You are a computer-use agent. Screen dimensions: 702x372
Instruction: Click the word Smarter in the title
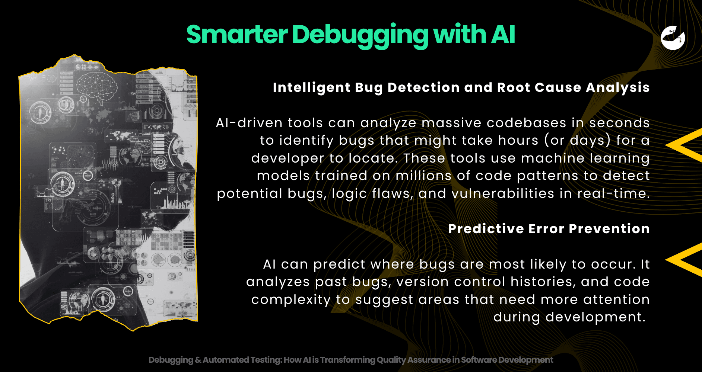237,34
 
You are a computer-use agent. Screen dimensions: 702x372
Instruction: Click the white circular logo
673,38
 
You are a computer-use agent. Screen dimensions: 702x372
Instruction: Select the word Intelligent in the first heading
311,88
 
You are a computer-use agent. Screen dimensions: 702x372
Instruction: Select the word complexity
291,300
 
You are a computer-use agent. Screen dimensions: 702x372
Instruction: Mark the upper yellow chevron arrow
683,145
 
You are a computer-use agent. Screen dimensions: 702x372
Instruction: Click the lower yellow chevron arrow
683,260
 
